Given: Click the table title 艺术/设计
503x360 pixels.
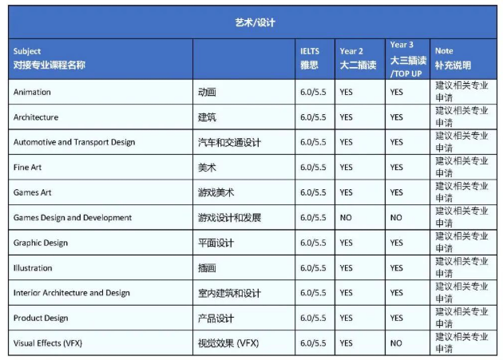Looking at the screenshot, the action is tap(255, 22).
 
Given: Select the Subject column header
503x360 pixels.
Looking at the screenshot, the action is tap(49, 58).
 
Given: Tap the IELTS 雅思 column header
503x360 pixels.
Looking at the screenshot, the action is tap(310, 58).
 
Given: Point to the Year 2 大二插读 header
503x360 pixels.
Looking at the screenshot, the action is tap(358, 58).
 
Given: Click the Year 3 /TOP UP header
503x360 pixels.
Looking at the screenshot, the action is tap(408, 59).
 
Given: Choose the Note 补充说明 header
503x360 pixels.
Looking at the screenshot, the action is tap(453, 58).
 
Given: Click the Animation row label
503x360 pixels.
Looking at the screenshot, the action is tap(32, 92).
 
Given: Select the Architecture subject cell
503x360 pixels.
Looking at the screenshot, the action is tap(36, 117).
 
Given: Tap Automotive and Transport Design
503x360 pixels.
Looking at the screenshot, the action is tap(74, 142).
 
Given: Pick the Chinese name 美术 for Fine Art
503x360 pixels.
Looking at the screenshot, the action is tap(207, 168).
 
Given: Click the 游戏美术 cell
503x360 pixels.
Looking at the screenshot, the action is tap(216, 192).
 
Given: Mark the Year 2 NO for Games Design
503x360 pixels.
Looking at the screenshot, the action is tap(346, 218).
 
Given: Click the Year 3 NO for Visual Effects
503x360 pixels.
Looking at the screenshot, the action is tap(396, 343).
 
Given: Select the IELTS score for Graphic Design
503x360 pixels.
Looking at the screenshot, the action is tap(313, 243).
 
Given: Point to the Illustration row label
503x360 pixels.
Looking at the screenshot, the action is tap(33, 268).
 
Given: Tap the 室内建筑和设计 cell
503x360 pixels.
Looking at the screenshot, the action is tap(229, 293).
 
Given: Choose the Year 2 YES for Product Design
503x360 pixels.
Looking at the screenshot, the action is tap(347, 318).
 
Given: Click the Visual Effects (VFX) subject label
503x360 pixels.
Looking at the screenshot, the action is tap(48, 343).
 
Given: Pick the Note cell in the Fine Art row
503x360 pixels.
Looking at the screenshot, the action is tap(461, 167).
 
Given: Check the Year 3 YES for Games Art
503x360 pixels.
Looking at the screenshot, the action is tap(397, 192).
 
